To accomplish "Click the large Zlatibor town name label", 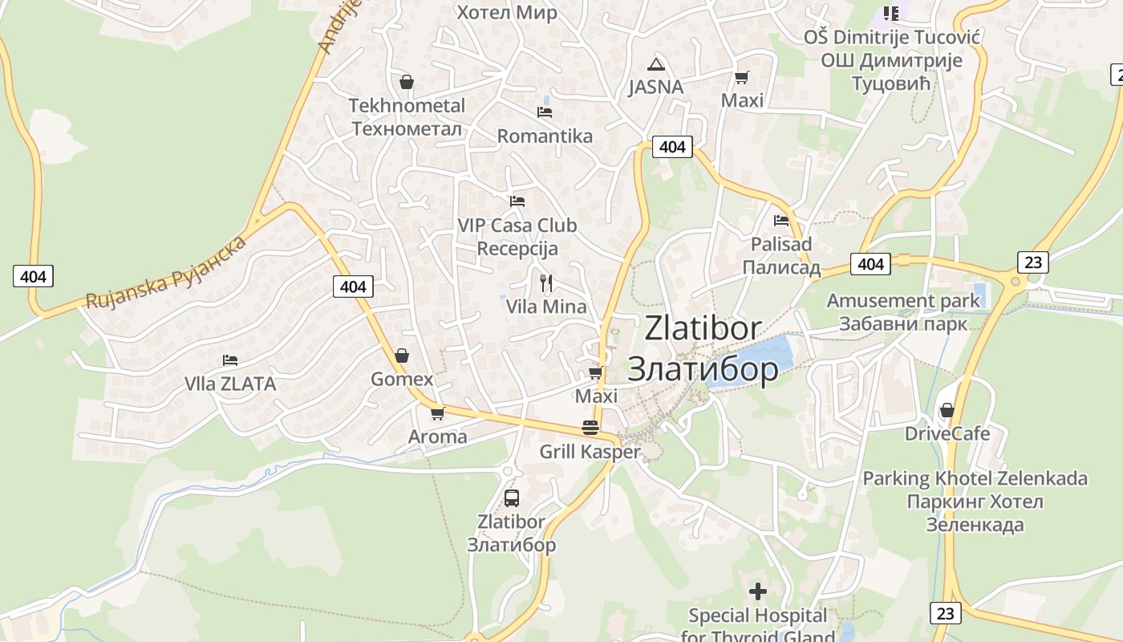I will pyautogui.click(x=703, y=348).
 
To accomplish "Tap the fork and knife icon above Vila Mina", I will pyautogui.click(x=546, y=283).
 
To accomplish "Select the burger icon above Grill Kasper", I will pyautogui.click(x=590, y=427).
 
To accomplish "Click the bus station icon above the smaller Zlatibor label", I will pyautogui.click(x=512, y=498).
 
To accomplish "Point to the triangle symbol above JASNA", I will pyautogui.click(x=656, y=64).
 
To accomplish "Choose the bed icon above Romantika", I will pyautogui.click(x=545, y=112).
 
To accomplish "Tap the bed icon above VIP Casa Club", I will pyautogui.click(x=517, y=201).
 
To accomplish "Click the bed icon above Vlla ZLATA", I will pyautogui.click(x=230, y=360).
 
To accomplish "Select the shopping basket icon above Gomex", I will pyautogui.click(x=402, y=355).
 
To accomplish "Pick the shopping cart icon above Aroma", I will pyautogui.click(x=437, y=413).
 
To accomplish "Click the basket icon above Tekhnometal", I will pyautogui.click(x=407, y=82).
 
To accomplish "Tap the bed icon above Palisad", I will pyautogui.click(x=781, y=220).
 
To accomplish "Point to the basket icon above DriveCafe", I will pyautogui.click(x=947, y=410).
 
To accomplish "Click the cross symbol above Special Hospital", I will pyautogui.click(x=757, y=592).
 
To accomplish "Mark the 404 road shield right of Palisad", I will pyautogui.click(x=870, y=263).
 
